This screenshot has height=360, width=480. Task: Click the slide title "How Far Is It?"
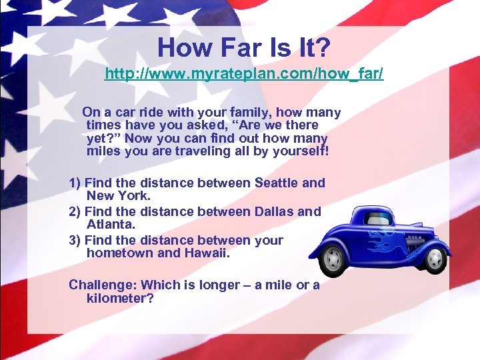[x=244, y=47]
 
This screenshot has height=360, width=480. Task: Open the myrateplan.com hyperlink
[x=244, y=73]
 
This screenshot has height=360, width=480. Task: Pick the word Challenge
[x=101, y=285]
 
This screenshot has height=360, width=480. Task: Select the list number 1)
[x=75, y=183]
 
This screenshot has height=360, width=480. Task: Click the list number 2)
[x=75, y=211]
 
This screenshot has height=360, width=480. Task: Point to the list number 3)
[x=75, y=240]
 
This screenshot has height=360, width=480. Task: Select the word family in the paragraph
[x=251, y=113]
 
